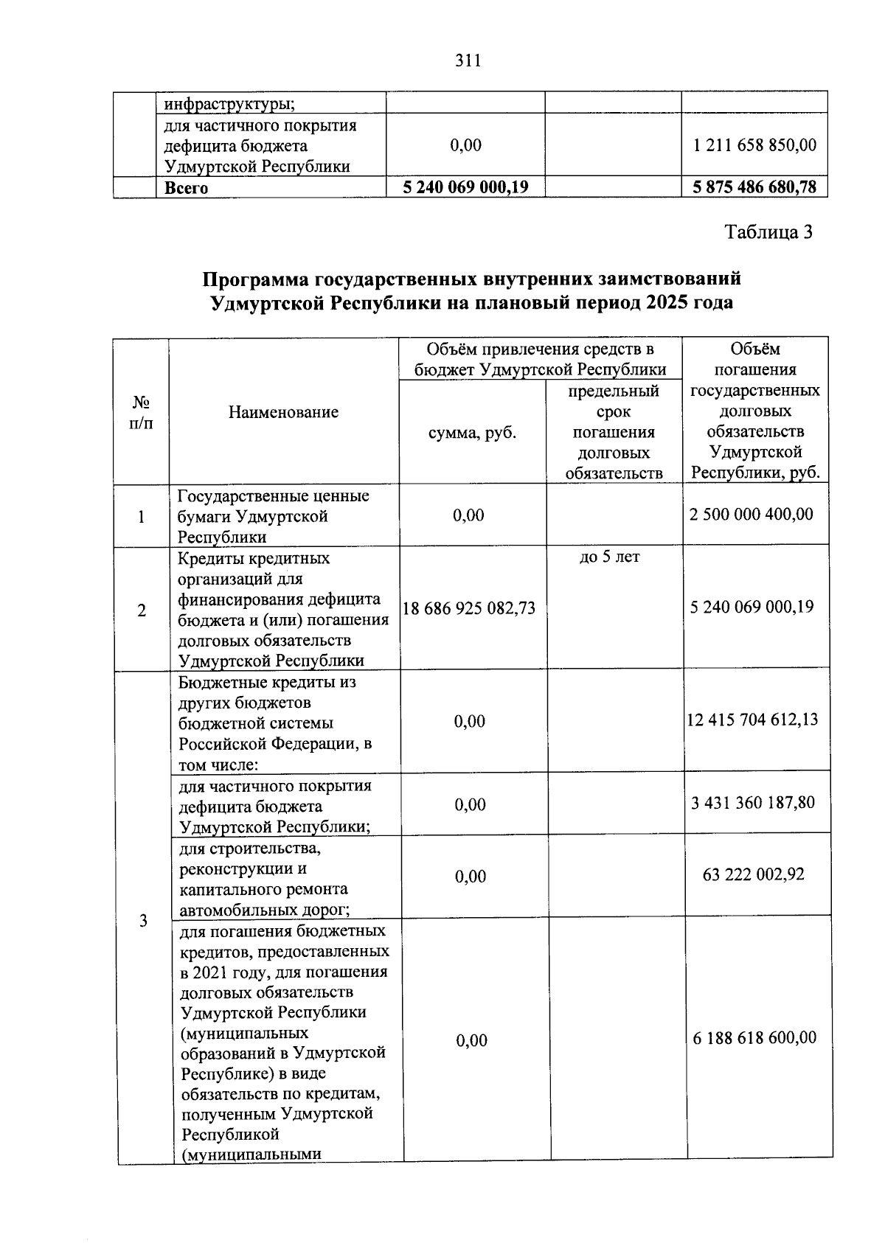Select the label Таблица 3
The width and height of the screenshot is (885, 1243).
click(x=768, y=233)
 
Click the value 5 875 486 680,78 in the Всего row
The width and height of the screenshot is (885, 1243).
click(x=754, y=187)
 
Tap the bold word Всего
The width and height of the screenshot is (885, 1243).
click(x=186, y=188)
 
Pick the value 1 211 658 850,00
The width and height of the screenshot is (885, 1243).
click(x=754, y=145)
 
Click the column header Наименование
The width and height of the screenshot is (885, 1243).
click(x=283, y=412)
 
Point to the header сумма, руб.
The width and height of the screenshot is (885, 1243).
click(x=472, y=433)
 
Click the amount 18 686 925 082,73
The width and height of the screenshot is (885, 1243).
click(x=469, y=608)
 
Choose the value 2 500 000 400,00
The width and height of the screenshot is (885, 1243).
click(x=752, y=514)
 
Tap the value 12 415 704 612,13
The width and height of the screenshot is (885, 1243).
click(x=752, y=720)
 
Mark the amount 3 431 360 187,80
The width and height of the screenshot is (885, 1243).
click(x=753, y=803)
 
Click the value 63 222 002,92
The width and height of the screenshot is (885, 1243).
click(x=754, y=875)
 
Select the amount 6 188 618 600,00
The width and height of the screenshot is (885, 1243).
click(x=754, y=1038)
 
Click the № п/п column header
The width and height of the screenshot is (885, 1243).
click(x=141, y=413)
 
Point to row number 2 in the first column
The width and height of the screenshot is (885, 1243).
click(x=141, y=610)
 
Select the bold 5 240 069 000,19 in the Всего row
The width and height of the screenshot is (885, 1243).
click(x=465, y=187)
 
